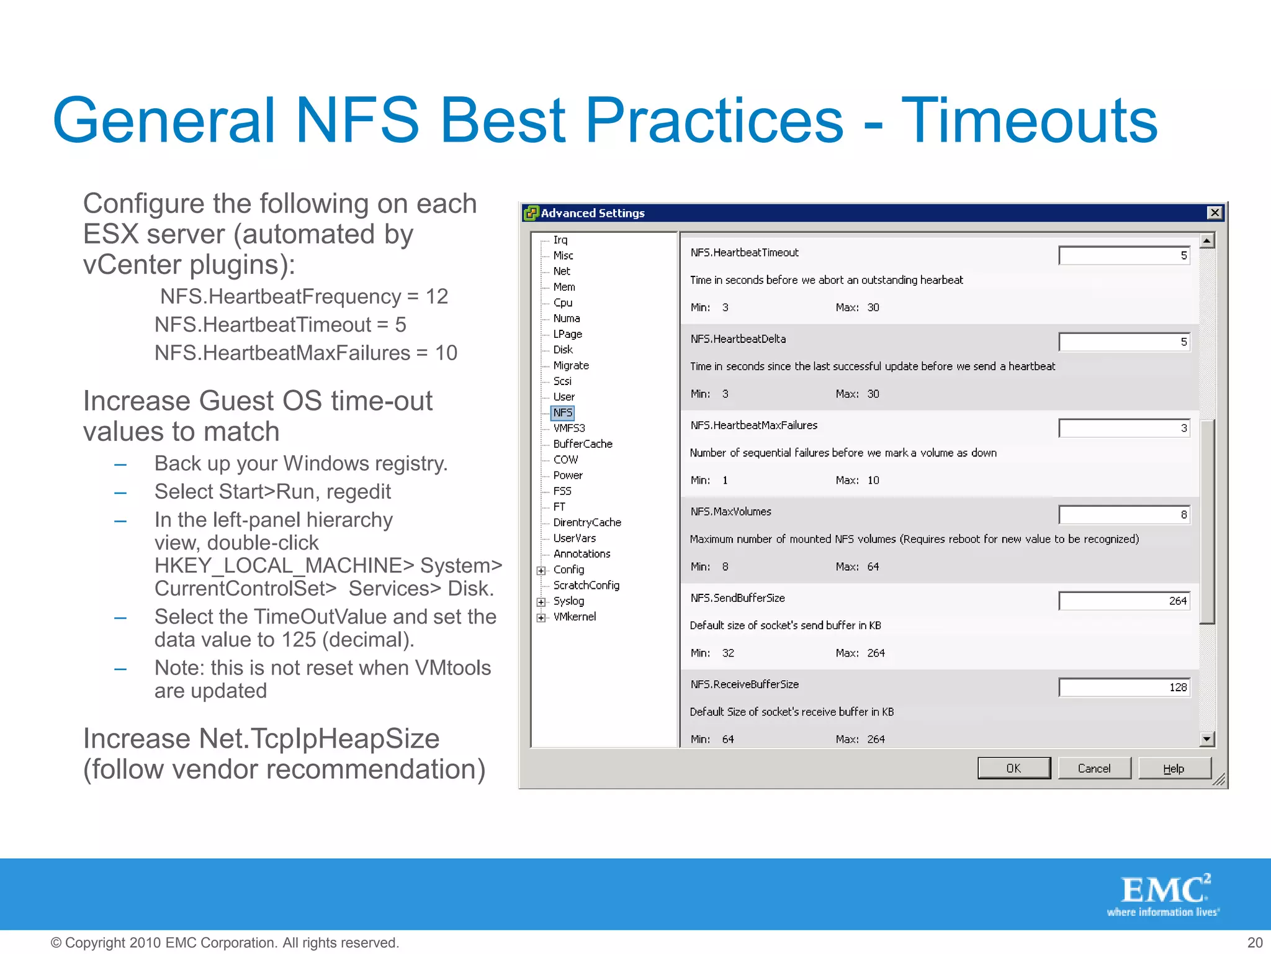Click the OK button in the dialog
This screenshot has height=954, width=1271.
(x=1013, y=768)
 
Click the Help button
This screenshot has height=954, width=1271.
(x=1174, y=768)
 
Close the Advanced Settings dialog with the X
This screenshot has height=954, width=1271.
(x=1215, y=213)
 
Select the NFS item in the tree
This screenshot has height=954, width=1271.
(x=563, y=412)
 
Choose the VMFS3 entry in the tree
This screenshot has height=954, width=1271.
(x=569, y=428)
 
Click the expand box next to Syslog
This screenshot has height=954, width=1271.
(x=541, y=602)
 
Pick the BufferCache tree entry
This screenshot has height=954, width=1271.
(x=583, y=444)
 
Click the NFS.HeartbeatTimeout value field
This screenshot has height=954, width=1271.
(x=1124, y=255)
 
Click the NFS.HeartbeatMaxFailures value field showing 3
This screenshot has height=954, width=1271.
(x=1124, y=428)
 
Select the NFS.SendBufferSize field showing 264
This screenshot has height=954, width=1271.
(x=1124, y=601)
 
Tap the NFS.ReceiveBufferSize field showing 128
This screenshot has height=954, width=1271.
(x=1124, y=687)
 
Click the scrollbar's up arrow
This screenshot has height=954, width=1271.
(x=1207, y=240)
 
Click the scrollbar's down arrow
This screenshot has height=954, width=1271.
(x=1207, y=738)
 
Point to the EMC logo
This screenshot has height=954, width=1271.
(x=1164, y=894)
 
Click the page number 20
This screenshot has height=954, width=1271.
(x=1255, y=942)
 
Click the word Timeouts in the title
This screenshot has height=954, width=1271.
(x=1029, y=120)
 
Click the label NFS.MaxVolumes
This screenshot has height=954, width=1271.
(x=730, y=512)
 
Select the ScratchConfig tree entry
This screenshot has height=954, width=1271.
(x=586, y=585)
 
